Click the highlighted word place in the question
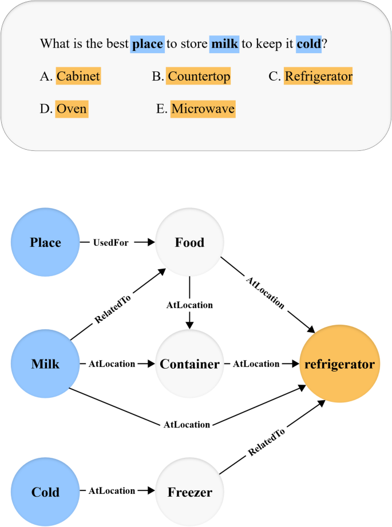[148, 44]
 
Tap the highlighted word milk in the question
[224, 44]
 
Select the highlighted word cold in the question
[309, 44]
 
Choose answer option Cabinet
[78, 76]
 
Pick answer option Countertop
[199, 76]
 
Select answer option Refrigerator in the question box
[318, 76]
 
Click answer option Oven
[72, 109]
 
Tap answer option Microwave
[203, 109]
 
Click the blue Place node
[45, 242]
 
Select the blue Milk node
[45, 364]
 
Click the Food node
[189, 242]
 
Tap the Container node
[189, 364]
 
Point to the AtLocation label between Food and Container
[189, 305]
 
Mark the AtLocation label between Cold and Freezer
[112, 490]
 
